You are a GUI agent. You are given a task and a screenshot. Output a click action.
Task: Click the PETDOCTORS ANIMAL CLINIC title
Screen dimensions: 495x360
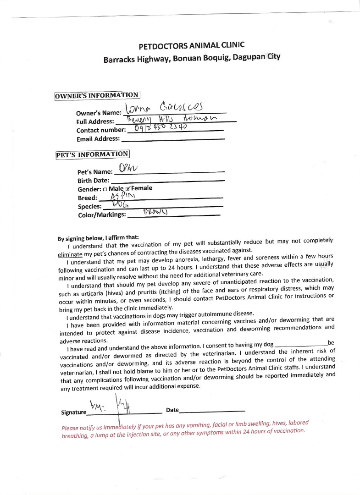pos(191,45)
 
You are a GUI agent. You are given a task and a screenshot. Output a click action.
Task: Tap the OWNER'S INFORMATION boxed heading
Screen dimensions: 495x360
pos(97,95)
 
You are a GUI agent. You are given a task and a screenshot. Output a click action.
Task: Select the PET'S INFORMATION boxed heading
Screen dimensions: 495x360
pos(92,154)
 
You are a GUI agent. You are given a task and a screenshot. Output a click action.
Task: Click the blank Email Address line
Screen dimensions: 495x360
pos(172,138)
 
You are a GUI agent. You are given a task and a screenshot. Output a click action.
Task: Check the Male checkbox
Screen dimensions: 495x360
pos(105,189)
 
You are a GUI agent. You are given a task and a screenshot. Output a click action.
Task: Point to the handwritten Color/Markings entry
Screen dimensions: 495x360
pos(155,212)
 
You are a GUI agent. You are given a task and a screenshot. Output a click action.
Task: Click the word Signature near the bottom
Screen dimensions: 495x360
pos(73,412)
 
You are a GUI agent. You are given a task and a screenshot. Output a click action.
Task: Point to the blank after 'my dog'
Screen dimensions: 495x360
pos(300,344)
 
